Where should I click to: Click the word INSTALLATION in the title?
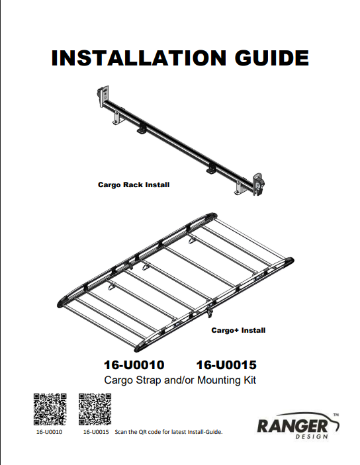click(139, 58)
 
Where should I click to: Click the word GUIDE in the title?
click(272, 58)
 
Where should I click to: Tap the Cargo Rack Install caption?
click(134, 185)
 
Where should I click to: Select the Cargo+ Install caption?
click(238, 330)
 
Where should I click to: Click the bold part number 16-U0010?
click(134, 364)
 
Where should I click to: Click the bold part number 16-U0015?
click(226, 364)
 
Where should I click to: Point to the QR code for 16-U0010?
click(50, 409)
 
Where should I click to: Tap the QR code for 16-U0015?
click(95, 409)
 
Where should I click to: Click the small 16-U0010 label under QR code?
click(49, 432)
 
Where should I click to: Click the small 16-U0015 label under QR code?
click(96, 432)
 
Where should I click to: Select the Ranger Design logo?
click(298, 425)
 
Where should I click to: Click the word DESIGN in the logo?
click(312, 437)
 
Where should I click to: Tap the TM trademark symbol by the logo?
click(336, 415)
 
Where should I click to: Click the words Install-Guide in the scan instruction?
click(204, 432)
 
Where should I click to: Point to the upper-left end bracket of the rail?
click(103, 97)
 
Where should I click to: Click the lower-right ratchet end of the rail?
click(258, 185)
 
